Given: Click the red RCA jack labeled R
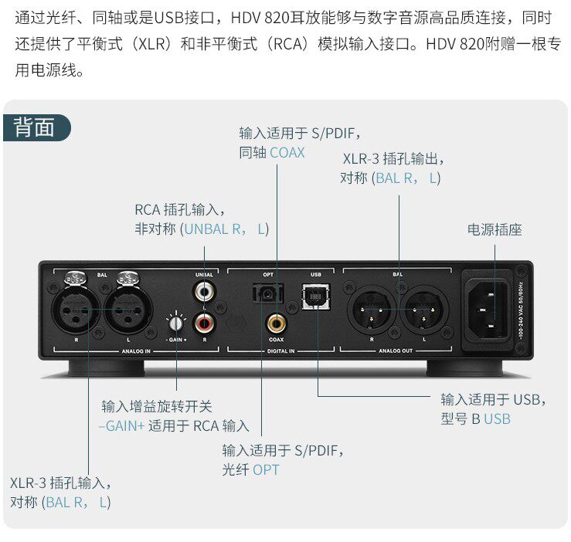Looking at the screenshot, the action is (x=205, y=318).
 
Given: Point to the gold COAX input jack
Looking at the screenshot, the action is (x=276, y=320).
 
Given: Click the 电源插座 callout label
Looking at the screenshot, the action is (x=495, y=229).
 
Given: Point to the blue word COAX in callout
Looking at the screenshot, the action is (x=287, y=153).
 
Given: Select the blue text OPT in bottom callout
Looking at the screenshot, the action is (x=266, y=469).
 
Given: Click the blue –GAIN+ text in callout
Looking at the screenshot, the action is (x=121, y=425).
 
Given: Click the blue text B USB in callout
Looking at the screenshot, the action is (x=491, y=418).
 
